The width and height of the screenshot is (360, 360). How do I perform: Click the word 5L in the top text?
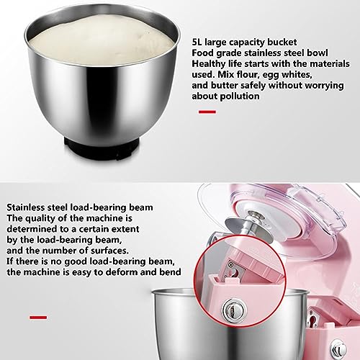(197, 42)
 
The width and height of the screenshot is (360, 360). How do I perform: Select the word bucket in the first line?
(282, 42)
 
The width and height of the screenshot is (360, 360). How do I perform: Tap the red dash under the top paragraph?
(207, 112)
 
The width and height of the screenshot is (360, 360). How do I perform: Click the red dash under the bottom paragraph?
(38, 318)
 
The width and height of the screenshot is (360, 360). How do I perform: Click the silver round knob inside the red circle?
(234, 310)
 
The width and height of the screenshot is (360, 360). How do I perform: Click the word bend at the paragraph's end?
(170, 272)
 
